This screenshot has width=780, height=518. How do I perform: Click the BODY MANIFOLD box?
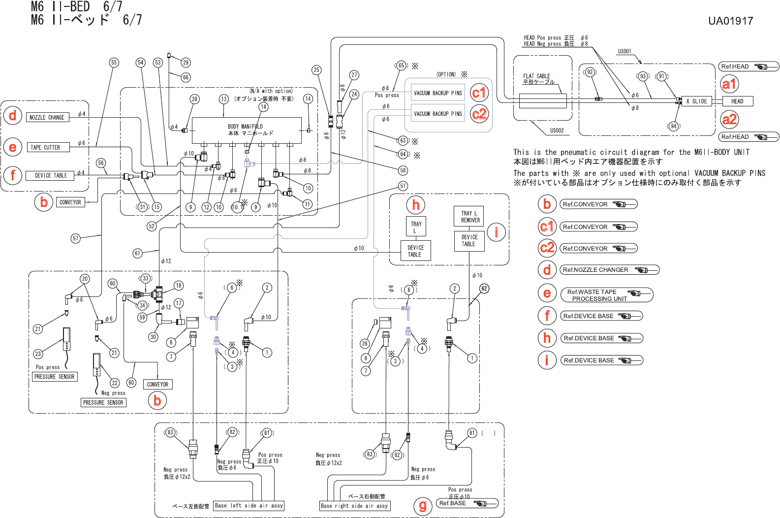(x=246, y=130)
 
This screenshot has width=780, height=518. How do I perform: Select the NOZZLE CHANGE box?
(x=47, y=118)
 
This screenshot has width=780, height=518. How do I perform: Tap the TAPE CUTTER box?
(x=45, y=147)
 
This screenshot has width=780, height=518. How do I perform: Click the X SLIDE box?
(x=696, y=101)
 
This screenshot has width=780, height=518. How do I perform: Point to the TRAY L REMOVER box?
(x=470, y=217)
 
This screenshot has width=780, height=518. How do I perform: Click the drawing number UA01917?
(x=730, y=21)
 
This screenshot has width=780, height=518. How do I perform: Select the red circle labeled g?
(x=422, y=506)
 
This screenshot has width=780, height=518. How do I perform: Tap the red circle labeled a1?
(x=729, y=84)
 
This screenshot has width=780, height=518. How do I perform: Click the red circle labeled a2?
(x=729, y=119)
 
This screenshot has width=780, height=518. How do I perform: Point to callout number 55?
(x=114, y=63)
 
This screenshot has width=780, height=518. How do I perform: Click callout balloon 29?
(x=186, y=63)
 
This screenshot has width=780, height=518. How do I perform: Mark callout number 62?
(x=484, y=289)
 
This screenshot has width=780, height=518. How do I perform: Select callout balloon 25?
(x=316, y=70)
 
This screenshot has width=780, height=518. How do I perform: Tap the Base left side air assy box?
(x=249, y=506)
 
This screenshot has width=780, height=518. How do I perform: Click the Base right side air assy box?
(x=354, y=506)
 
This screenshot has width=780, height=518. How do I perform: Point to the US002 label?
(x=557, y=130)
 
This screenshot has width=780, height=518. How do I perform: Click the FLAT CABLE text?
(x=536, y=76)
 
